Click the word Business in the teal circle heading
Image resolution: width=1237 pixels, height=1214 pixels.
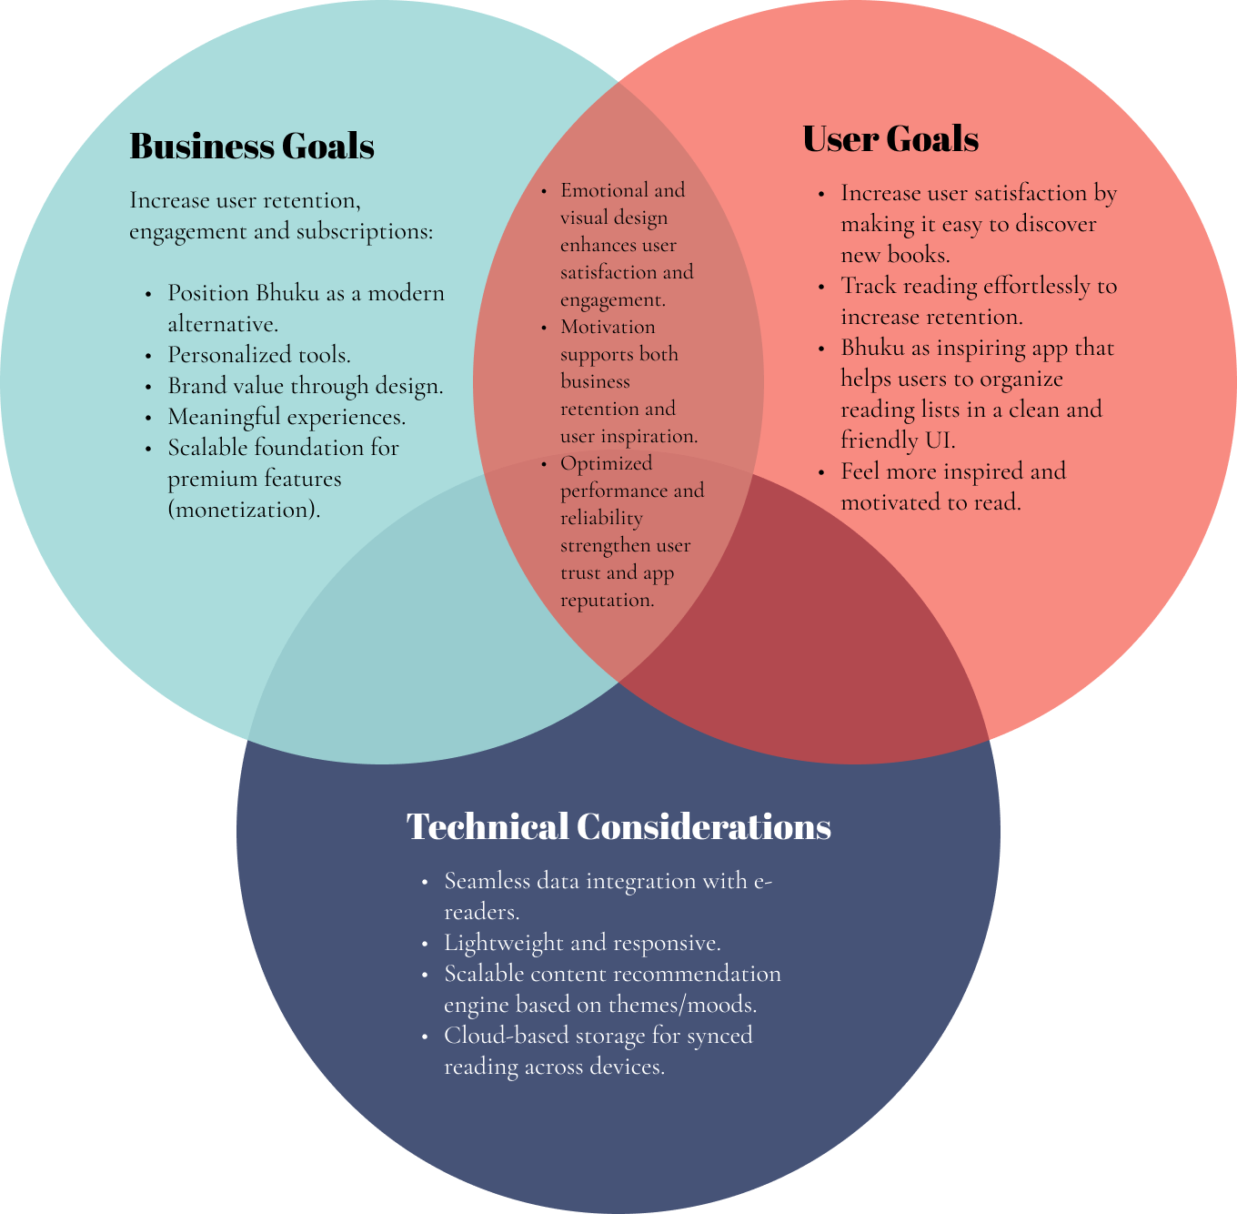click(202, 146)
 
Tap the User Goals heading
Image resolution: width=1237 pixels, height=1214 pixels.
click(890, 139)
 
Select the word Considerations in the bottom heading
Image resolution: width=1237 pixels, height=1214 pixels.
click(704, 826)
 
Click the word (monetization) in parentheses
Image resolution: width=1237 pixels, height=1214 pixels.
click(244, 510)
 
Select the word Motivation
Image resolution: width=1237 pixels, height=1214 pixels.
click(608, 327)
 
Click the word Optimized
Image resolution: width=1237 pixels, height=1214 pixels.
click(606, 464)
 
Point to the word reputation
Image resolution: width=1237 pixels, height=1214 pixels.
click(608, 601)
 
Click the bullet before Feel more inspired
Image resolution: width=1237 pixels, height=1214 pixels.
click(821, 473)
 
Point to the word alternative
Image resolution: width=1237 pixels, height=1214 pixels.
click(223, 324)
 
